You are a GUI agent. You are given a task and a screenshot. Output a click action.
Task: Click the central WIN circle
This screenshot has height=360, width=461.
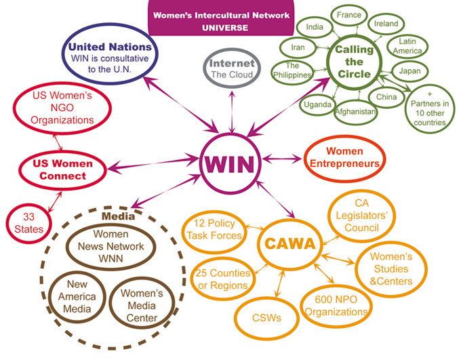click(x=231, y=163)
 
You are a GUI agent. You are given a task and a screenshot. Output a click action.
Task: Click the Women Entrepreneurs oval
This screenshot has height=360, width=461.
click(x=345, y=157)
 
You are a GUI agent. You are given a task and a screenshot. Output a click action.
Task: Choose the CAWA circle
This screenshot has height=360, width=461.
click(x=289, y=243)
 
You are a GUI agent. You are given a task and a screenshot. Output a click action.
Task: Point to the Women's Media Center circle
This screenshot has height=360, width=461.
click(x=141, y=303)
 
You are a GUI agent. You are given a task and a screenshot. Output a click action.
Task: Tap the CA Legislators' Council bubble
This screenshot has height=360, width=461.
click(x=361, y=216)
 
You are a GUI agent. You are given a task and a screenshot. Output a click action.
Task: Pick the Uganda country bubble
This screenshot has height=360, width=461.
click(x=318, y=104)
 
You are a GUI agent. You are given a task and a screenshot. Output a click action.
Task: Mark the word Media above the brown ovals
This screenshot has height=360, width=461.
click(x=115, y=216)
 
